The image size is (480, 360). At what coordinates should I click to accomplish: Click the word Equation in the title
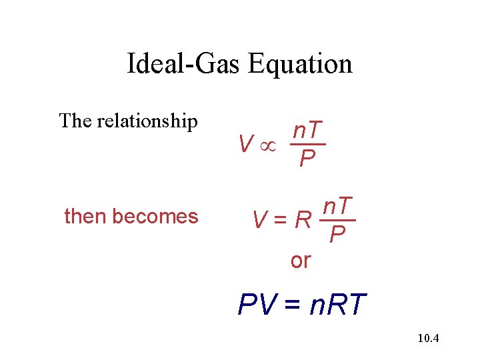point(299,64)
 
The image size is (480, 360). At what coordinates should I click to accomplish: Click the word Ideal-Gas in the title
point(185,64)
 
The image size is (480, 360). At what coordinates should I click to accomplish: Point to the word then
point(85,217)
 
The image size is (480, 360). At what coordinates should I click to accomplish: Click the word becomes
point(155,217)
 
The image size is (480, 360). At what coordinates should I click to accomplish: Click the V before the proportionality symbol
point(246,143)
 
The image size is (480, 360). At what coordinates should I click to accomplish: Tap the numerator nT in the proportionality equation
point(308,131)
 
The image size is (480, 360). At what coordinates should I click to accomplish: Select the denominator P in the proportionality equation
point(307,159)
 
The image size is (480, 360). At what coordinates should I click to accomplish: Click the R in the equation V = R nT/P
point(303,219)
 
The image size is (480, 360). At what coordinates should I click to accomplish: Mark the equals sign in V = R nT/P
point(281,219)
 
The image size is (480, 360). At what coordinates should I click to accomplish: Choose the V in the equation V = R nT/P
point(259,219)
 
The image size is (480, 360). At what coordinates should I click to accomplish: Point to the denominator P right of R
point(338,235)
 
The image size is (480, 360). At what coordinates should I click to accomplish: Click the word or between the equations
point(301,261)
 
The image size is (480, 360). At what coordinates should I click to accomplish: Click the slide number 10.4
point(427,339)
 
